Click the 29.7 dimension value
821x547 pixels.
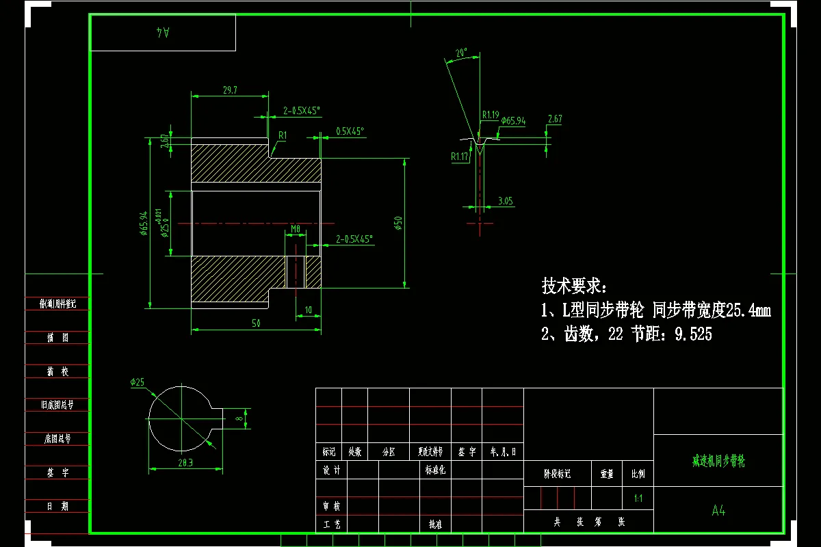click(229, 90)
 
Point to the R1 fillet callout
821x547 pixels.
click(282, 135)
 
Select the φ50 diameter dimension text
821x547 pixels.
click(398, 223)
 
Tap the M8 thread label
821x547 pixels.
click(296, 228)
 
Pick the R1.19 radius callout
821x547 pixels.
click(491, 114)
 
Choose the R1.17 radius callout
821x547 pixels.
click(460, 157)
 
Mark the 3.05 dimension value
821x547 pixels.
click(506, 201)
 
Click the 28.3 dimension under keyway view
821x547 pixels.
click(185, 463)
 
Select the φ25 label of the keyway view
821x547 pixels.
click(138, 382)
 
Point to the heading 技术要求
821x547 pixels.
click(573, 284)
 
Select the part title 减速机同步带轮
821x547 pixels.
click(718, 461)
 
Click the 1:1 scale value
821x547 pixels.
click(638, 498)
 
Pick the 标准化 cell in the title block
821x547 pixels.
click(435, 470)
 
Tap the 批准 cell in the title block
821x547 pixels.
click(435, 524)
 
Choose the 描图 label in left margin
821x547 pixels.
click(57, 338)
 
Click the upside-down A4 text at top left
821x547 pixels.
click(162, 31)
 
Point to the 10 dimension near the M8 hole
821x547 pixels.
click(309, 310)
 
